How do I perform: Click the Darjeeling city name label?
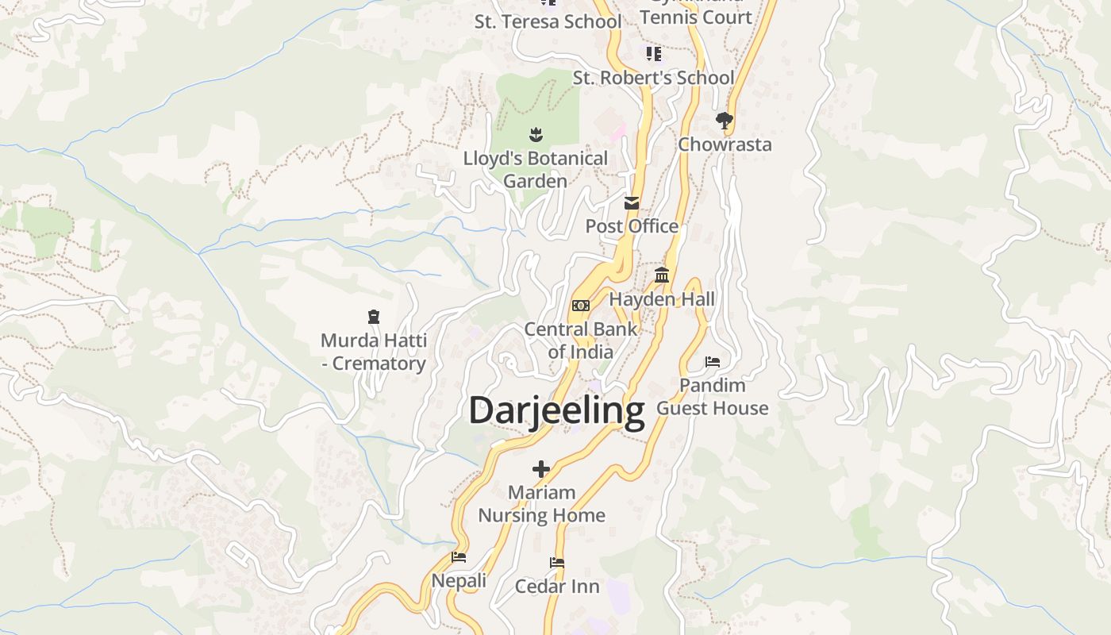click(x=556, y=411)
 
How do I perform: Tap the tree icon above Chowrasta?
click(x=724, y=121)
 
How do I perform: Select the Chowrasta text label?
click(x=725, y=144)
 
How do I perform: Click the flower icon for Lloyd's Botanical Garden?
click(x=536, y=134)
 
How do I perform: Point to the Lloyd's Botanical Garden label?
click(x=536, y=170)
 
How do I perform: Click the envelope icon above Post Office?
click(x=632, y=203)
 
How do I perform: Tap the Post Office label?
click(x=632, y=226)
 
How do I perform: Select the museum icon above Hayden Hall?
click(x=662, y=275)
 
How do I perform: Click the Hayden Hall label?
click(x=662, y=299)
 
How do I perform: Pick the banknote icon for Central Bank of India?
click(x=581, y=306)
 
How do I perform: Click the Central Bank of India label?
click(x=580, y=341)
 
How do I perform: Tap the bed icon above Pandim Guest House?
click(x=713, y=362)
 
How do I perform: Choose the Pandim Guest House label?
click(x=713, y=397)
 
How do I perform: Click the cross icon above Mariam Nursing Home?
click(x=541, y=469)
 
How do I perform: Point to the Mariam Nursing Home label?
click(x=541, y=504)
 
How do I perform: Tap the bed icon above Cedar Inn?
click(x=557, y=563)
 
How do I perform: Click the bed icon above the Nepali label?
click(x=459, y=557)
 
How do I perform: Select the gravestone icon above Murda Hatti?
click(x=374, y=317)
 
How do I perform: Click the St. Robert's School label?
click(x=653, y=78)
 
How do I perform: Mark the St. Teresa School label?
click(x=548, y=21)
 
